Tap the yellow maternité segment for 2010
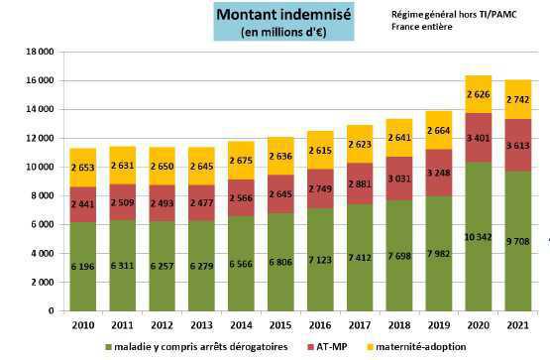tap(84, 167)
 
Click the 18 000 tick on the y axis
tap(37, 51)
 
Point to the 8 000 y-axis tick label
tap(40, 195)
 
